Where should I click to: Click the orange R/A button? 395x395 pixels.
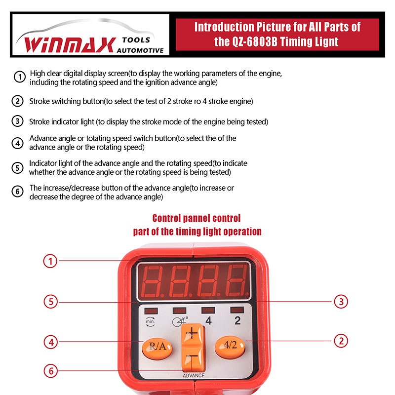(x=157, y=347)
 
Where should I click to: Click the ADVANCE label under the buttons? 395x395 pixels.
(x=194, y=376)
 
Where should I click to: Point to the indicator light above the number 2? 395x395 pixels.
(x=237, y=310)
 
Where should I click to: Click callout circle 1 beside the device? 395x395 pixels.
(x=50, y=261)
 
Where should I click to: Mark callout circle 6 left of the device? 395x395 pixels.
(x=50, y=370)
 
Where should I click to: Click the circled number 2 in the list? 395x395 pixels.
(x=18, y=101)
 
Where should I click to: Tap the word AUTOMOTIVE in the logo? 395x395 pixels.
(x=140, y=50)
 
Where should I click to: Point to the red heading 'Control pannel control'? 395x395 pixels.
(x=197, y=218)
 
